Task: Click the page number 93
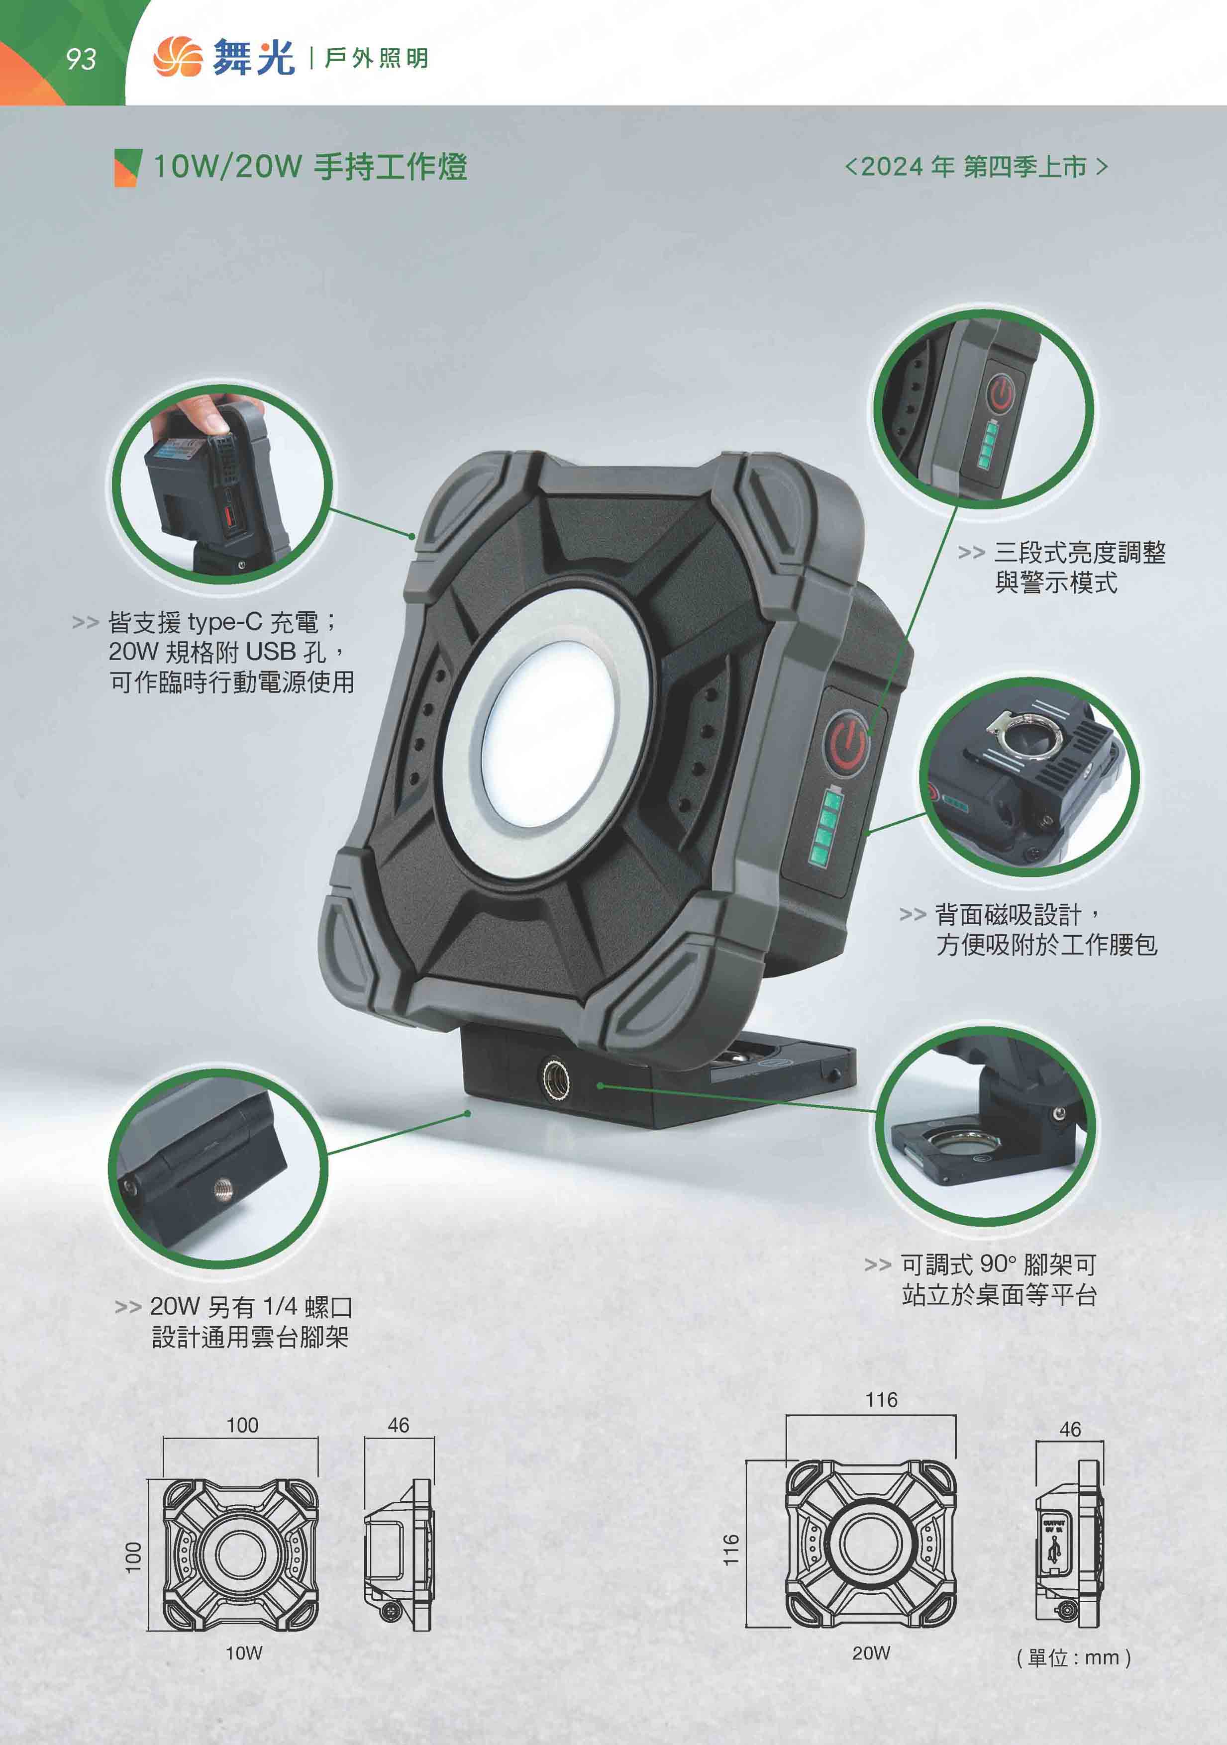(x=81, y=59)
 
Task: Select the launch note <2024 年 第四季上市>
(x=976, y=167)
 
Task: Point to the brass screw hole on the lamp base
(x=556, y=1078)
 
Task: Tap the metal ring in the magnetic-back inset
(x=1028, y=733)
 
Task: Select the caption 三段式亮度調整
(x=1080, y=553)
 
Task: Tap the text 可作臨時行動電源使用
(x=232, y=682)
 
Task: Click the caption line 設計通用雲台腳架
(x=250, y=1337)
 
